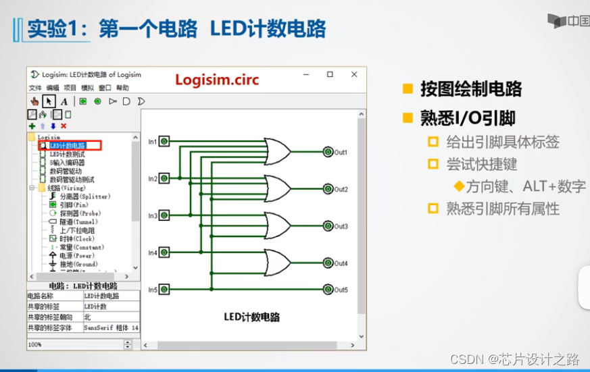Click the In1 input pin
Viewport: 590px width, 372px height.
tap(164, 141)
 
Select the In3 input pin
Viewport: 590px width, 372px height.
tap(164, 215)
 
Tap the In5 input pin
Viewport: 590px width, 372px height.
tap(164, 290)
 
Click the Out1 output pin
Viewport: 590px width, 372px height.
tap(328, 152)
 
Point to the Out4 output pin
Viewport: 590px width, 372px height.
tap(328, 263)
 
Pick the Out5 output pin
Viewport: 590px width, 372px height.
tap(328, 290)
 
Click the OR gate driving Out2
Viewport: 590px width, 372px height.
tap(277, 188)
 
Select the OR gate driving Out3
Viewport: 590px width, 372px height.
tap(277, 226)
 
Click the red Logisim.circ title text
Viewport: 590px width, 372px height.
tap(217, 80)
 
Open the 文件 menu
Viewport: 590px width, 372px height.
tap(35, 88)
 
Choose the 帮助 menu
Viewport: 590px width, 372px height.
tap(122, 88)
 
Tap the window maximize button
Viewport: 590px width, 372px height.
tap(330, 74)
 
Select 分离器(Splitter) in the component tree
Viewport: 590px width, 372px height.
tap(84, 196)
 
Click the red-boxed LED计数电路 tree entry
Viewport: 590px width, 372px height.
tap(68, 145)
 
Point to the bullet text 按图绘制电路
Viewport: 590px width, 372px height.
tap(470, 89)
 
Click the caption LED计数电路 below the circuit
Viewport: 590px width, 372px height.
tap(251, 317)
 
